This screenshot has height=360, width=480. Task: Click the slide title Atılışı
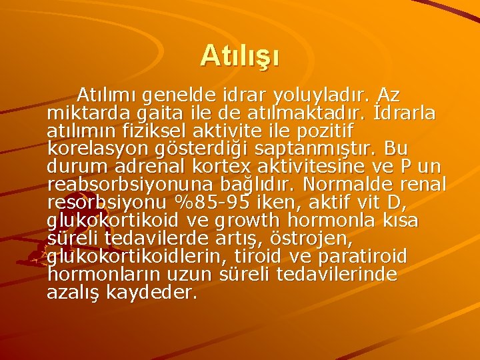point(240,55)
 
